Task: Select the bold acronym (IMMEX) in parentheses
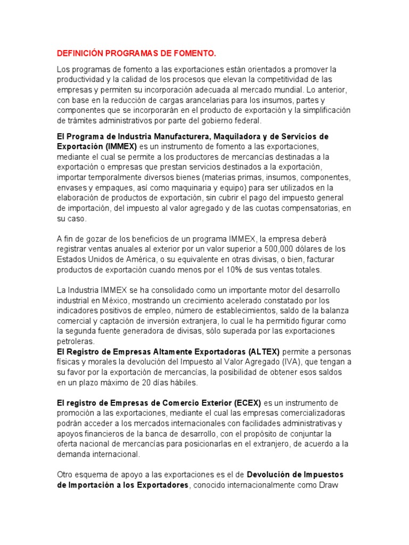[x=120, y=146]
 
